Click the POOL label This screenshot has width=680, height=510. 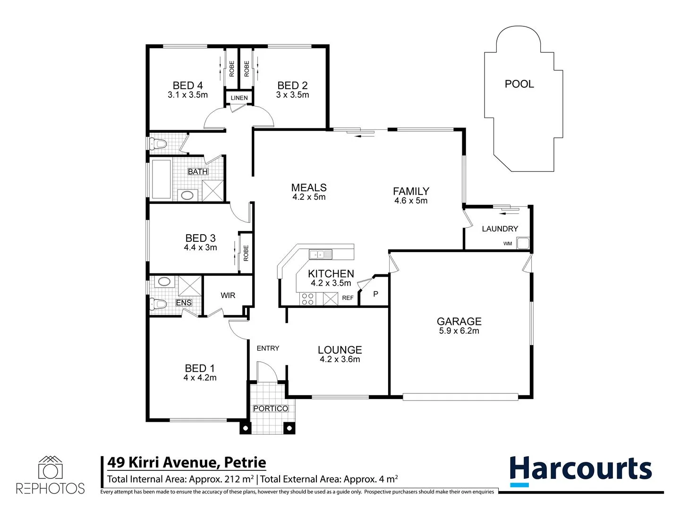click(519, 84)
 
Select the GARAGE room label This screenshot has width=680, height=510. click(459, 321)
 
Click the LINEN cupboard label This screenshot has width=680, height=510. click(239, 98)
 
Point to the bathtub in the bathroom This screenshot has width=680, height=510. click(161, 179)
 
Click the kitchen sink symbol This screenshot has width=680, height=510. click(321, 255)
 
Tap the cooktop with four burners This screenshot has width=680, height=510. click(307, 299)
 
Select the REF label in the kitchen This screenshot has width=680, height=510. click(348, 298)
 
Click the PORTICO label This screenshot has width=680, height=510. click(271, 408)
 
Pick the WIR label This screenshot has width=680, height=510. click(228, 295)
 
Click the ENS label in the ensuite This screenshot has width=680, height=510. click(184, 303)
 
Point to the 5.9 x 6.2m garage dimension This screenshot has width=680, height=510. click(459, 331)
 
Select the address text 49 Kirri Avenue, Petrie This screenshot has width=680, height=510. click(187, 462)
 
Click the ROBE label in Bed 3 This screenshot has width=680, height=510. click(246, 253)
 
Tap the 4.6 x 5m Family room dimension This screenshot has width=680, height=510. click(411, 201)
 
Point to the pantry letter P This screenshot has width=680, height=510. click(375, 294)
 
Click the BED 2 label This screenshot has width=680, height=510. click(292, 85)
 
